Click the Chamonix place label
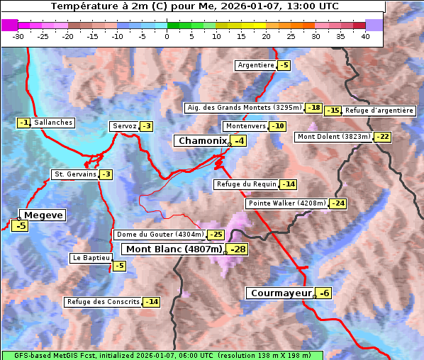pyautogui.click(x=202, y=141)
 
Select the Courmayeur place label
pyautogui.click(x=281, y=293)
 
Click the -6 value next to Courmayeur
pyautogui.click(x=324, y=293)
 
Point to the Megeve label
pyautogui.click(x=43, y=215)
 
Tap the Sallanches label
pyautogui.click(x=53, y=123)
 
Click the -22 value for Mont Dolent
pyautogui.click(x=383, y=137)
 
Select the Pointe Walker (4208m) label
pyautogui.click(x=287, y=203)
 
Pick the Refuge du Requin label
pyautogui.click(x=246, y=184)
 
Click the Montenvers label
pyautogui.click(x=245, y=126)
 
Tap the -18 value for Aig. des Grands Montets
pyautogui.click(x=314, y=108)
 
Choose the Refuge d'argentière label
pyautogui.click(x=379, y=111)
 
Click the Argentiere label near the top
pyautogui.click(x=256, y=65)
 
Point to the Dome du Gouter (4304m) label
pyautogui.click(x=160, y=235)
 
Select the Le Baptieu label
pyautogui.click(x=90, y=258)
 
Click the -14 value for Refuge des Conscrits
pyautogui.click(x=152, y=302)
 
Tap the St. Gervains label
pyautogui.click(x=74, y=174)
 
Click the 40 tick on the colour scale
pyautogui.click(x=365, y=36)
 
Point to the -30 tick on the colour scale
pyautogui.click(x=18, y=36)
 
